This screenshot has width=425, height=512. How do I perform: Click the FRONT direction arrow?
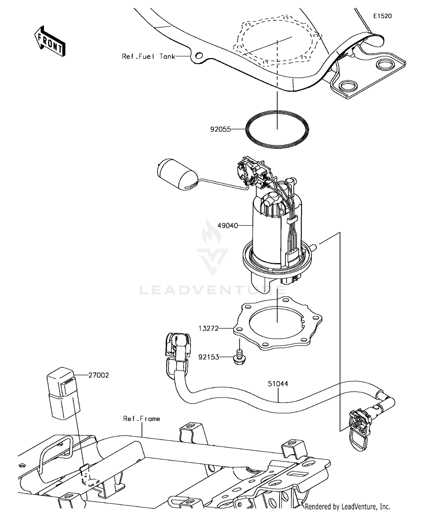[x=50, y=42]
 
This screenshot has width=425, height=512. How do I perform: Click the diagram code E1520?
[x=382, y=16]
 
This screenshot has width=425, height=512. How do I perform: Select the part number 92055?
[x=220, y=130]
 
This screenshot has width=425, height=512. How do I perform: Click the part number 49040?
[x=228, y=226]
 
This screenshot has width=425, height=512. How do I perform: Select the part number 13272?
[x=209, y=328]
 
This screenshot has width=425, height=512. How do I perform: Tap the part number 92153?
[x=209, y=357]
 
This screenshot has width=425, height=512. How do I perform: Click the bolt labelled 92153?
[x=239, y=357]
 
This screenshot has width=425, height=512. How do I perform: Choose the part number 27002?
[x=99, y=375]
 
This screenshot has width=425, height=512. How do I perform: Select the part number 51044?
[x=278, y=384]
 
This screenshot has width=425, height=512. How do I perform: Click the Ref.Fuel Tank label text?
[x=148, y=56]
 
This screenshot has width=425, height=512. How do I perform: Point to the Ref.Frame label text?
[x=141, y=418]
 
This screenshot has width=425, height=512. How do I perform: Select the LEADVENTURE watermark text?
[x=212, y=290]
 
